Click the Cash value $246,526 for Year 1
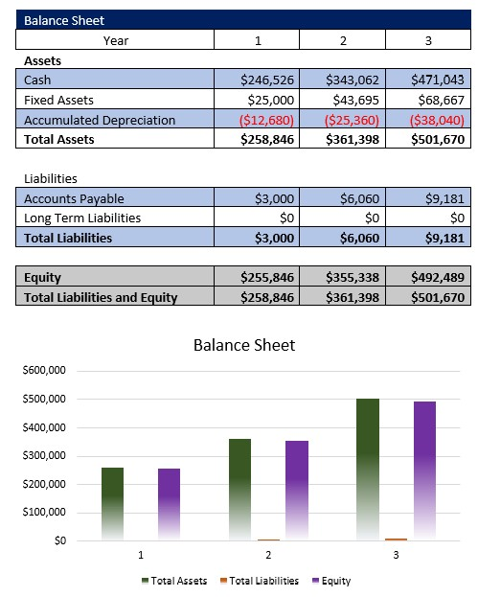click(x=268, y=80)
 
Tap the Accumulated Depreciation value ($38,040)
click(x=436, y=120)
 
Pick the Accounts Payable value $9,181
click(x=444, y=198)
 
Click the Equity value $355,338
click(x=352, y=278)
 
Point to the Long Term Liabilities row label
click(x=81, y=218)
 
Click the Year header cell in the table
click(x=115, y=40)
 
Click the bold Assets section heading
click(x=42, y=60)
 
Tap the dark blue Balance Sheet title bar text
click(x=64, y=20)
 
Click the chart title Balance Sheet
click(x=244, y=345)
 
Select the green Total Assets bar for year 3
click(x=368, y=470)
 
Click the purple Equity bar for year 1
click(x=169, y=504)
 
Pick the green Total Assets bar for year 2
click(x=239, y=490)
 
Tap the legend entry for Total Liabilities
click(x=260, y=581)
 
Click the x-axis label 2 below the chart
click(x=268, y=555)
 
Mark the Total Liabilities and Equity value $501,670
click(x=436, y=297)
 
